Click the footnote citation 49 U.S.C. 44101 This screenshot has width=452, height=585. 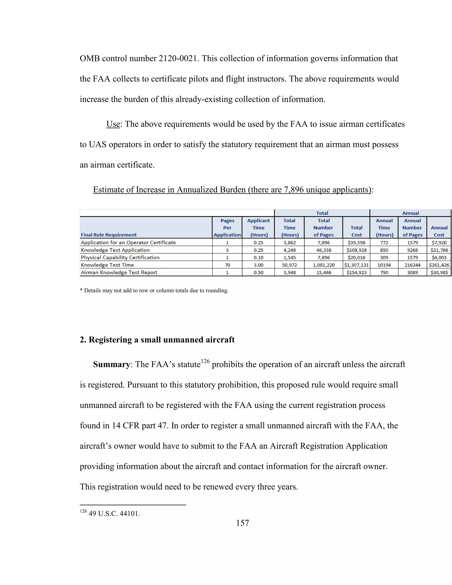[114, 513]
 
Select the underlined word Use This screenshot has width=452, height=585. [113, 124]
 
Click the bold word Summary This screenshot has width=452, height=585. [111, 364]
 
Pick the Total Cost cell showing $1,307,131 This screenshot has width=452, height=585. [356, 265]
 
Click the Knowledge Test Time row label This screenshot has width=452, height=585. [107, 265]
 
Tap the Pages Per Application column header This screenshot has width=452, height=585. [227, 227]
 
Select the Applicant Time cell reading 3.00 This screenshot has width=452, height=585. [258, 265]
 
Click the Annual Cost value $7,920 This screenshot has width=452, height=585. [439, 242]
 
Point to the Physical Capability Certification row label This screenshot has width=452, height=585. [120, 257]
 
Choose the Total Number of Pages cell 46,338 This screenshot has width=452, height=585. [324, 250]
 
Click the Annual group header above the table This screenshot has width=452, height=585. [410, 213]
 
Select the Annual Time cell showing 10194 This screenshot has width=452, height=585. [384, 265]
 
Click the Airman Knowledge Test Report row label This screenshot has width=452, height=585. [119, 272]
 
